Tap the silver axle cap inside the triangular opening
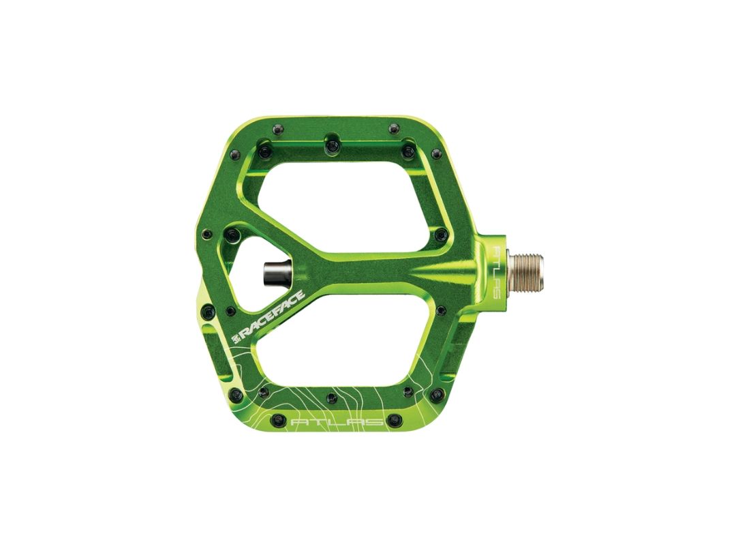(278, 272)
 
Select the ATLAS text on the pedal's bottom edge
(337, 421)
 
